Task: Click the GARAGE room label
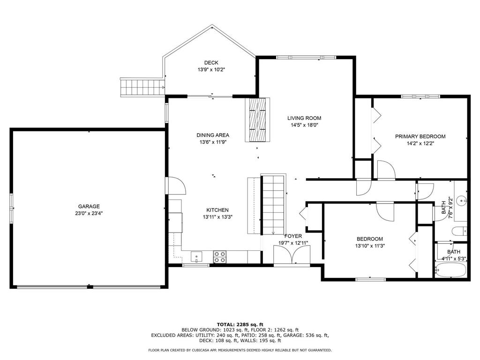(x=89, y=207)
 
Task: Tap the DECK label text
(x=211, y=63)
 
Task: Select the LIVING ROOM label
(x=304, y=118)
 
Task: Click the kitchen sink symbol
(x=196, y=256)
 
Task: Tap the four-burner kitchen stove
(x=220, y=257)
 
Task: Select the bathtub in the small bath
(x=451, y=270)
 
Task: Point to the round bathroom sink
(x=461, y=201)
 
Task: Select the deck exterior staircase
(x=142, y=87)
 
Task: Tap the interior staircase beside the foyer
(x=273, y=204)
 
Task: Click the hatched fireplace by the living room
(x=257, y=120)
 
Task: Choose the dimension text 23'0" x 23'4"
(x=89, y=214)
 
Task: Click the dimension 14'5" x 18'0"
(x=304, y=125)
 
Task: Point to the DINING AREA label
(x=213, y=135)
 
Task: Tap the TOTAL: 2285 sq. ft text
(x=240, y=324)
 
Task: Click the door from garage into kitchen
(x=176, y=186)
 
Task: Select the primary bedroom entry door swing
(x=386, y=170)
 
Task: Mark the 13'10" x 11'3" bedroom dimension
(x=370, y=246)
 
